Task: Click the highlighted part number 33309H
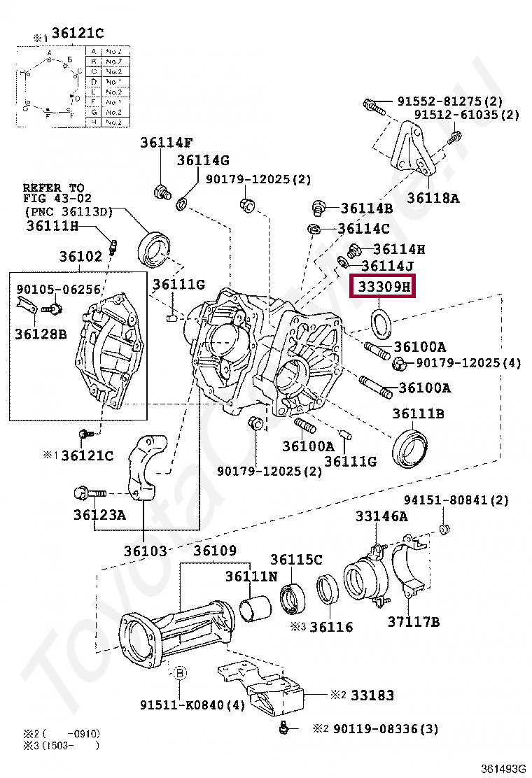click(x=383, y=287)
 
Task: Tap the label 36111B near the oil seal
click(x=418, y=413)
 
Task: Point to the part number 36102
click(x=80, y=257)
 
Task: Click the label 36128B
click(x=41, y=334)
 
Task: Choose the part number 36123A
click(x=99, y=516)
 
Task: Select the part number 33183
click(x=372, y=695)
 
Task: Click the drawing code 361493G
click(x=503, y=768)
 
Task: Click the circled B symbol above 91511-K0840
click(x=180, y=673)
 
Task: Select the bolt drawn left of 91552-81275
click(x=372, y=106)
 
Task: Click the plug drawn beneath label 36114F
click(x=162, y=190)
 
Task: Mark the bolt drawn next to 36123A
click(x=89, y=493)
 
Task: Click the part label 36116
click(x=331, y=627)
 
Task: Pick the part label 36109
click(x=215, y=551)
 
